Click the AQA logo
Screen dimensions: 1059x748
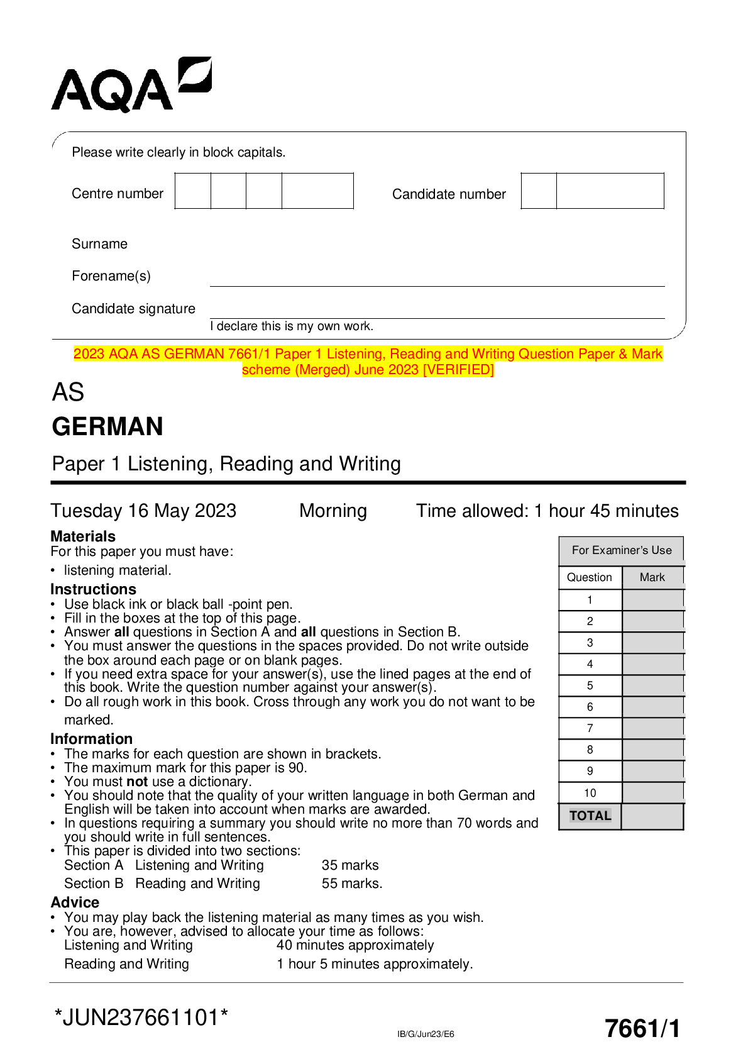[x=131, y=86]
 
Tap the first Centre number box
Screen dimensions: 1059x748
[x=193, y=191]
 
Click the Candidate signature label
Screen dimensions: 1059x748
[x=133, y=309]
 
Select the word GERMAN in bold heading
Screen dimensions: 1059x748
[x=107, y=426]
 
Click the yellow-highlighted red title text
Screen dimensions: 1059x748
[x=368, y=362]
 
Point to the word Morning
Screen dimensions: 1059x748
[x=333, y=511]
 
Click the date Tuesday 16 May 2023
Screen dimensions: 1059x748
[x=143, y=511]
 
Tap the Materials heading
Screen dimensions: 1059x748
[x=83, y=536]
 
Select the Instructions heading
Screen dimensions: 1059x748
[x=93, y=589]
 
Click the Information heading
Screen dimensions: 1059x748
[x=91, y=739]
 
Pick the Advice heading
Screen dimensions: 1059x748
[x=75, y=902]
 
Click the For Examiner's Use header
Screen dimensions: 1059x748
[x=621, y=550]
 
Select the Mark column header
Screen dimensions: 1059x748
[x=652, y=577]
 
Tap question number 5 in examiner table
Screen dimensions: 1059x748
[x=590, y=685]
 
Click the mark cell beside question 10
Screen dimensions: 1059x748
[x=652, y=793]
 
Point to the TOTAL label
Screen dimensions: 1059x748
[x=590, y=816]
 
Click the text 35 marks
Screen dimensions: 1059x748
[x=350, y=865]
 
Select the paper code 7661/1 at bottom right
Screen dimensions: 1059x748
[x=642, y=1029]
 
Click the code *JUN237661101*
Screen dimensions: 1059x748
[x=141, y=1017]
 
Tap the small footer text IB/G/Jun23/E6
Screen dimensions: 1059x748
[x=426, y=1034]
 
